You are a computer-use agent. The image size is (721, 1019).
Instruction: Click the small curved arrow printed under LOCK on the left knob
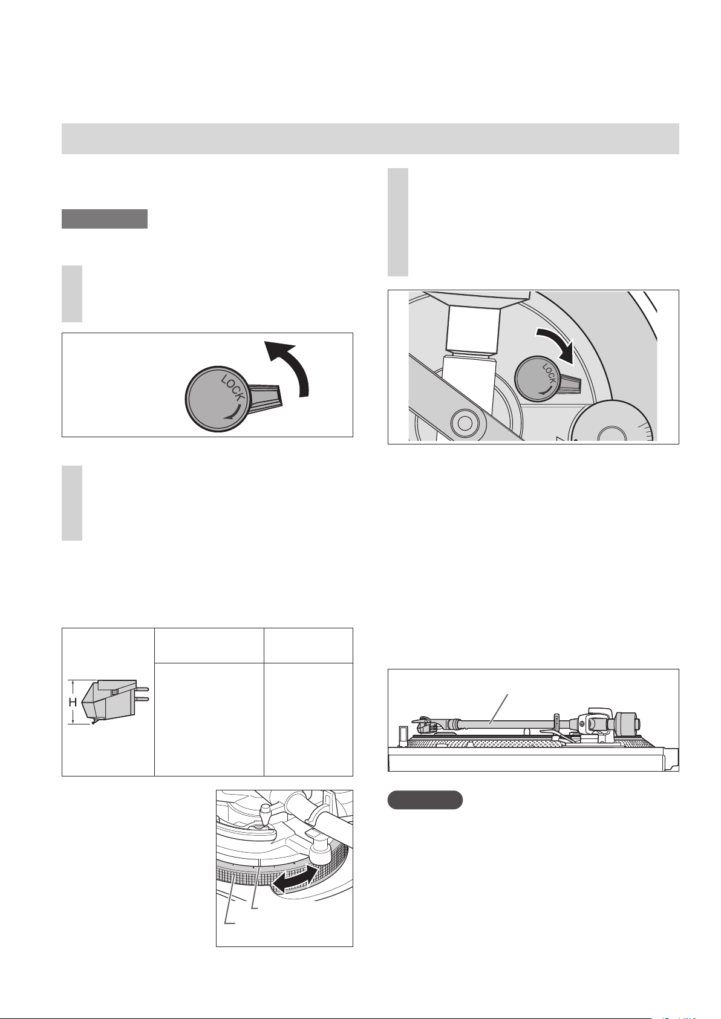233,412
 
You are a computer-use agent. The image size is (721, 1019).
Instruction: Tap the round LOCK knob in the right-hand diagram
536,379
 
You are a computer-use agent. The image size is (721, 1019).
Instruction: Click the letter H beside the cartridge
73,702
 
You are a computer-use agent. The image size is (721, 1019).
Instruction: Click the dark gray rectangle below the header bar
105,219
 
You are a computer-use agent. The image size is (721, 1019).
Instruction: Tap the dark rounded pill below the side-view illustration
425,800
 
